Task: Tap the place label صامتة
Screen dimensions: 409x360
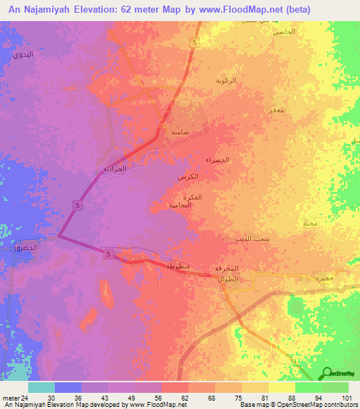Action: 179,131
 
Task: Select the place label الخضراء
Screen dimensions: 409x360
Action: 217,160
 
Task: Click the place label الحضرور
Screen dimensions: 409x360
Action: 25,249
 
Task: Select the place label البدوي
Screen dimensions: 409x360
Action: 22,54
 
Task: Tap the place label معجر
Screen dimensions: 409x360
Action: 275,110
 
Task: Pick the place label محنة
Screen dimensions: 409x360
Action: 309,223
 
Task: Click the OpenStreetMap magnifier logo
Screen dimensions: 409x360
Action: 327,372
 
